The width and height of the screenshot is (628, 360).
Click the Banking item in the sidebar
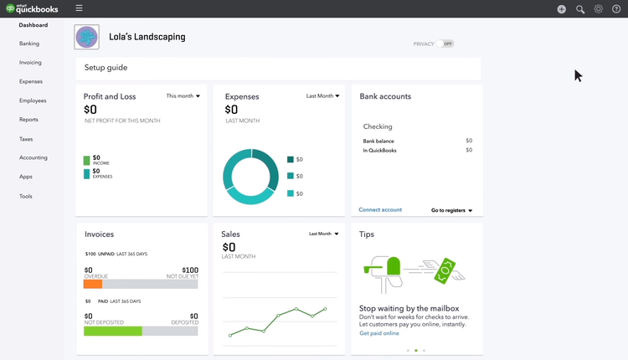(29, 44)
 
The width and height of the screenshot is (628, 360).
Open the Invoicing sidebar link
(30, 63)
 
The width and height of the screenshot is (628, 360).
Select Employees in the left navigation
(33, 100)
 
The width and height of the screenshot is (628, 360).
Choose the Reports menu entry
(28, 120)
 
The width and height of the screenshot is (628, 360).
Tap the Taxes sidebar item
(26, 139)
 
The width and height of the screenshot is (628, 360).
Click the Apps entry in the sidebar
(26, 177)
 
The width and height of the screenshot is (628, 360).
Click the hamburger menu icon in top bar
(79, 8)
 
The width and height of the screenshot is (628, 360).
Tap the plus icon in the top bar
(561, 9)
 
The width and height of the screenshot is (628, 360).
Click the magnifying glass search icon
(580, 9)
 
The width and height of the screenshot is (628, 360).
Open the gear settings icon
(599, 9)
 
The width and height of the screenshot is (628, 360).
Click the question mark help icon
(617, 9)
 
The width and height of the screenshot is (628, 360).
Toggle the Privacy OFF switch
(445, 44)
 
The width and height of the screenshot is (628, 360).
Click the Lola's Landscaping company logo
(86, 38)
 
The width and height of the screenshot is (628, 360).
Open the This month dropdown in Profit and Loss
(183, 96)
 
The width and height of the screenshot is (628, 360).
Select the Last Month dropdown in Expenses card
(322, 96)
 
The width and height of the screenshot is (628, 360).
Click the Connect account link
(380, 210)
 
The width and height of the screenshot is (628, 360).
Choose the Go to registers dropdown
(452, 211)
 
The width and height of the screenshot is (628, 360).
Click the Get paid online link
(379, 333)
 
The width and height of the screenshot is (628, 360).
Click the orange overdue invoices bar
(93, 284)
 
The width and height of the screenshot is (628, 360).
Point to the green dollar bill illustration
(448, 269)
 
